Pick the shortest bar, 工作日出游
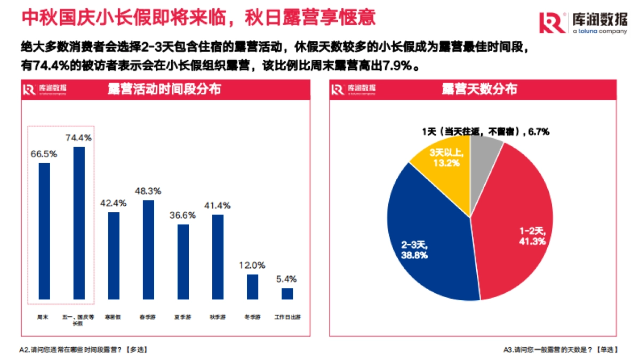coord(287,294)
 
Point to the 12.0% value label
coord(253,266)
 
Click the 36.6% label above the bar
coord(183,215)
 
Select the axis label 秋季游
coord(218,317)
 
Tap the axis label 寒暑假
coord(114,317)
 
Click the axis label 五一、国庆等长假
coord(79,319)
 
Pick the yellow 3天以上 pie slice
coord(445,160)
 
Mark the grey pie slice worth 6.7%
coord(484,160)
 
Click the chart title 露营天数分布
coord(479,89)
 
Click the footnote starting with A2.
coord(83,350)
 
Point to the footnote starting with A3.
coord(561,350)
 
